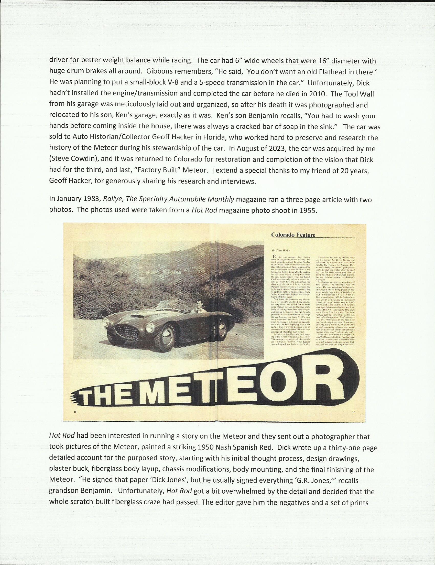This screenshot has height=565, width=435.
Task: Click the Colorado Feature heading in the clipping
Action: pyautogui.click(x=293, y=235)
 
